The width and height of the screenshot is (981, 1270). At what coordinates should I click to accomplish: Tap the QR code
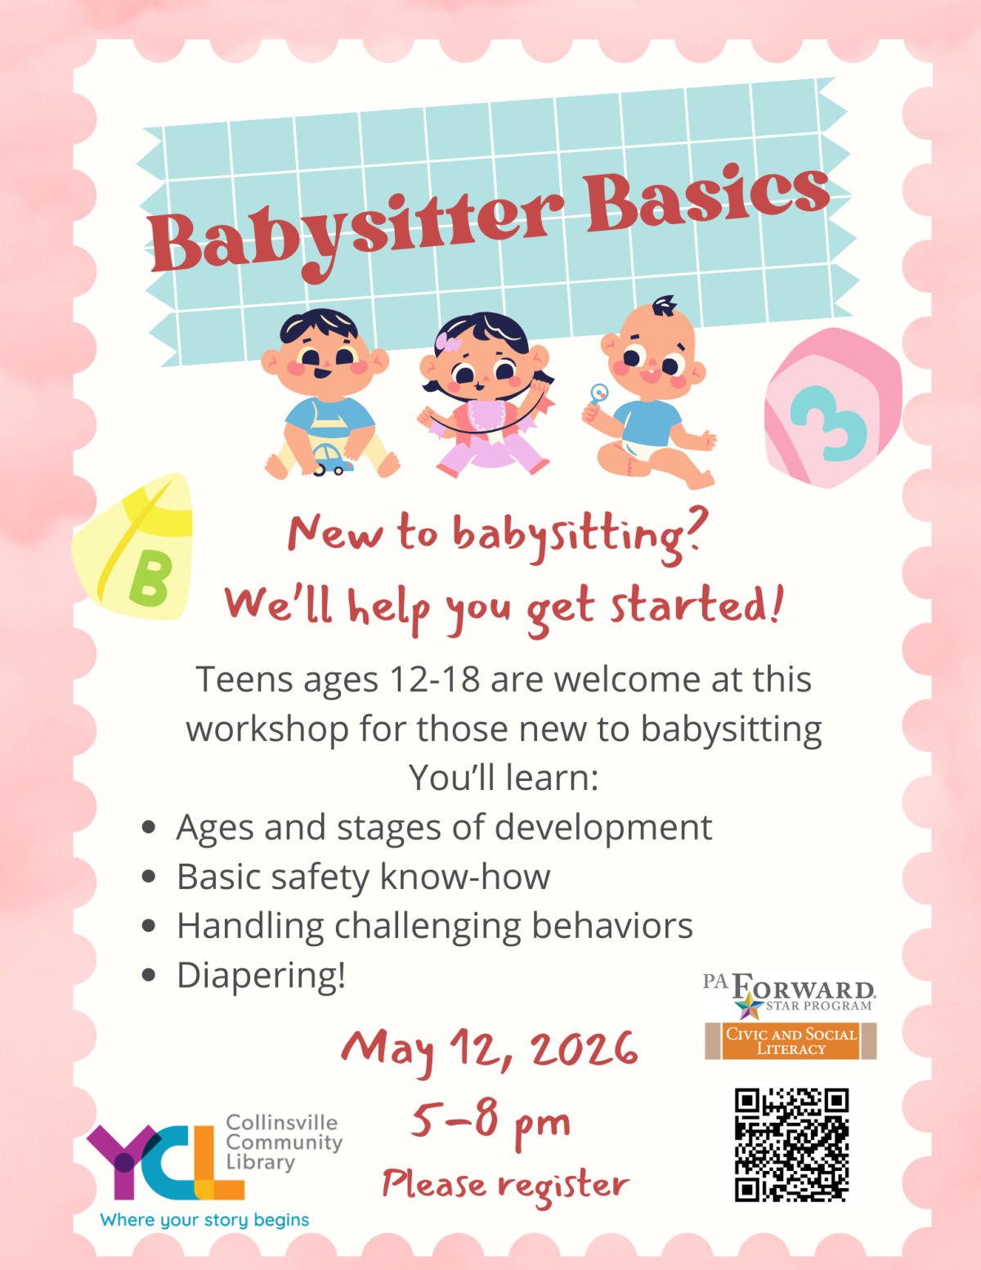point(791,1145)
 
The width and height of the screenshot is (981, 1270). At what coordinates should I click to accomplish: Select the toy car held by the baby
point(330,459)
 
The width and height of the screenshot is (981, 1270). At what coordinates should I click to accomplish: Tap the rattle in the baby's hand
point(599,395)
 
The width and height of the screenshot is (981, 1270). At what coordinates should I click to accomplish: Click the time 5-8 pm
point(490,1120)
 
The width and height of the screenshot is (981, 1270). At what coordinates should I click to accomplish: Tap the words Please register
point(505,1184)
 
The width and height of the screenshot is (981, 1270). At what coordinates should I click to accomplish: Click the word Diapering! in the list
point(262,975)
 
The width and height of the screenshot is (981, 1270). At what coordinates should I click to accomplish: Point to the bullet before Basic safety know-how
point(149,877)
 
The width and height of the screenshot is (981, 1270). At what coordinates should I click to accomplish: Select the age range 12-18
point(434,680)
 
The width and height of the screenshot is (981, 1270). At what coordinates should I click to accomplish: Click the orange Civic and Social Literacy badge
point(791,1041)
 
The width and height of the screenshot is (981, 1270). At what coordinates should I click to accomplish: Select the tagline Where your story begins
point(204,1220)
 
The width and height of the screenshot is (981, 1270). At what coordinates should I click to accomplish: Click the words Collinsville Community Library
point(283,1142)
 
